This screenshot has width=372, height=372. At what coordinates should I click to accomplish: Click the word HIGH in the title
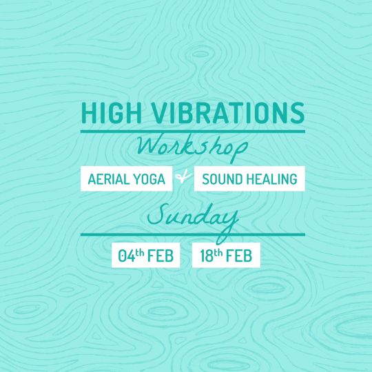pyautogui.click(x=112, y=113)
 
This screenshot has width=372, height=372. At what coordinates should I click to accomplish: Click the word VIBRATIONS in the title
pyautogui.click(x=228, y=113)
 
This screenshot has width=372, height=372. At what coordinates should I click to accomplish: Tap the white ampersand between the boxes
pyautogui.click(x=183, y=177)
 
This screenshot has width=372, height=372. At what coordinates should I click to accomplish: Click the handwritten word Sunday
pyautogui.click(x=193, y=220)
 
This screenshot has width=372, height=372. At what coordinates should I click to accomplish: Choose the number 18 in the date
pyautogui.click(x=207, y=256)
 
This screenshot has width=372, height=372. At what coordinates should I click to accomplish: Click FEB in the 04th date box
pyautogui.click(x=161, y=256)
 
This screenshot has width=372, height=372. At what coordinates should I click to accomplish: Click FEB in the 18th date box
pyautogui.click(x=239, y=256)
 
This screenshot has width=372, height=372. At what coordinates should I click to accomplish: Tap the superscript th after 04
pyautogui.click(x=140, y=253)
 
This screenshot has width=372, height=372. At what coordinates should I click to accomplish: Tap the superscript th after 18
pyautogui.click(x=218, y=253)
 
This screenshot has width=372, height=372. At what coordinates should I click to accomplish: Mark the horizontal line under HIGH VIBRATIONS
pyautogui.click(x=193, y=132)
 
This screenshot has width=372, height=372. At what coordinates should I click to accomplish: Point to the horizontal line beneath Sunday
pyautogui.click(x=193, y=235)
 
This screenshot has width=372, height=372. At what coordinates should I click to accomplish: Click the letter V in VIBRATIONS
pyautogui.click(x=159, y=113)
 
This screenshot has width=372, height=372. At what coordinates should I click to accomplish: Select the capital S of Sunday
pyautogui.click(x=157, y=215)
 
